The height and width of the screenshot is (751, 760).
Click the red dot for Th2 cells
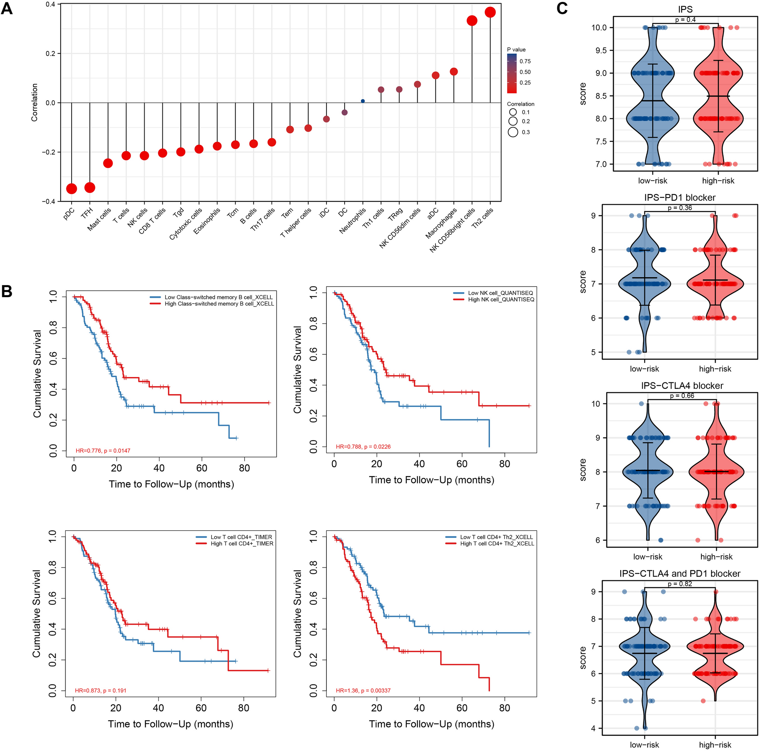490,12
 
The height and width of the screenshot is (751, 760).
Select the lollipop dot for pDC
71,189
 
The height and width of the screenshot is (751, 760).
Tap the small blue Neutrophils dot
363,101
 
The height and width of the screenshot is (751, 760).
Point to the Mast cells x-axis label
99,220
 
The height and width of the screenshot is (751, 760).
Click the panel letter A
7,9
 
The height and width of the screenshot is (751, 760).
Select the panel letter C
562,9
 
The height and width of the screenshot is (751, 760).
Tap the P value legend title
516,50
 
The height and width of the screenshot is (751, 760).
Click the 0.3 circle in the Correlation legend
513,132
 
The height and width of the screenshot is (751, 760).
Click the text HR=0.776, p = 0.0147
103,450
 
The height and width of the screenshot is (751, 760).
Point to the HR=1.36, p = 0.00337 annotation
363,690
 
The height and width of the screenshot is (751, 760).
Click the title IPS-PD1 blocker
679,197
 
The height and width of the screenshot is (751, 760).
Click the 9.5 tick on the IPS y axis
599,50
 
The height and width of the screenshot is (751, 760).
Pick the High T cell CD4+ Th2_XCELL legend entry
497,544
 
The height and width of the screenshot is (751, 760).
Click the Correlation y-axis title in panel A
34,102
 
